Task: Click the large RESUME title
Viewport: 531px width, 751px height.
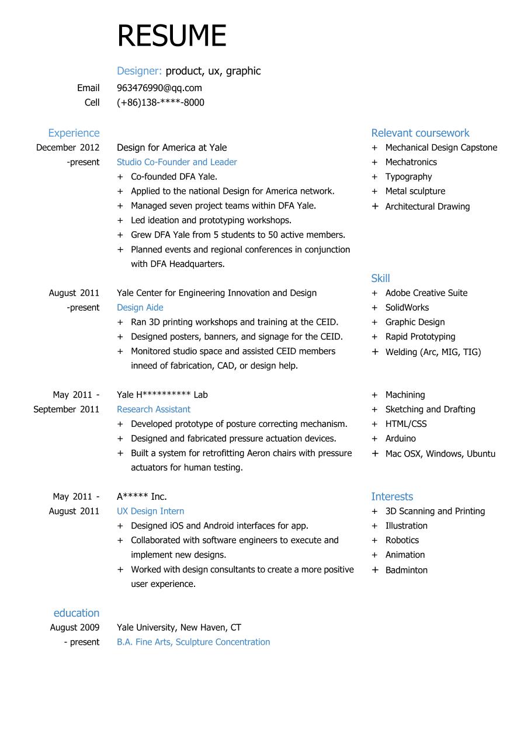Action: click(171, 36)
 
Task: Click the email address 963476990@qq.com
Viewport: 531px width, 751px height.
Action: click(159, 88)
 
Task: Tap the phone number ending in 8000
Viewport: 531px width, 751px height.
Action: click(161, 103)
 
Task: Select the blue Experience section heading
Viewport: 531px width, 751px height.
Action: click(74, 133)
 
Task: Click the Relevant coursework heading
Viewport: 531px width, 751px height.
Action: click(420, 133)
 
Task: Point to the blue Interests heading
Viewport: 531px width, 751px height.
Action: click(392, 497)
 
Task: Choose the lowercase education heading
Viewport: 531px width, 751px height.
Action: click(77, 613)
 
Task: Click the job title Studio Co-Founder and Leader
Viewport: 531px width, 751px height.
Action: click(177, 162)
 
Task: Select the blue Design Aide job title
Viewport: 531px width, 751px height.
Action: click(140, 308)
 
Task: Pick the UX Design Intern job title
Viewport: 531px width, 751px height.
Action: click(150, 512)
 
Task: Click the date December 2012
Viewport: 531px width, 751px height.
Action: click(68, 148)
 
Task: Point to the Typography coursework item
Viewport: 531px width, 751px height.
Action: click(408, 177)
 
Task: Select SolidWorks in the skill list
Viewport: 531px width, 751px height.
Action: click(407, 308)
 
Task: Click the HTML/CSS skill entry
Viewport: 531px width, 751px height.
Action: click(406, 424)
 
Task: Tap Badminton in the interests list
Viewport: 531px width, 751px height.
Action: click(406, 570)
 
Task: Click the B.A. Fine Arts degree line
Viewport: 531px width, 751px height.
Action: click(193, 642)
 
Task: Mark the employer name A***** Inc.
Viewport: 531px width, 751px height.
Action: click(142, 497)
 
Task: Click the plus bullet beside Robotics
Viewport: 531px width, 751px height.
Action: click(374, 541)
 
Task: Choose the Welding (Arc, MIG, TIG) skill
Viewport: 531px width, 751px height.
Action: click(433, 352)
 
